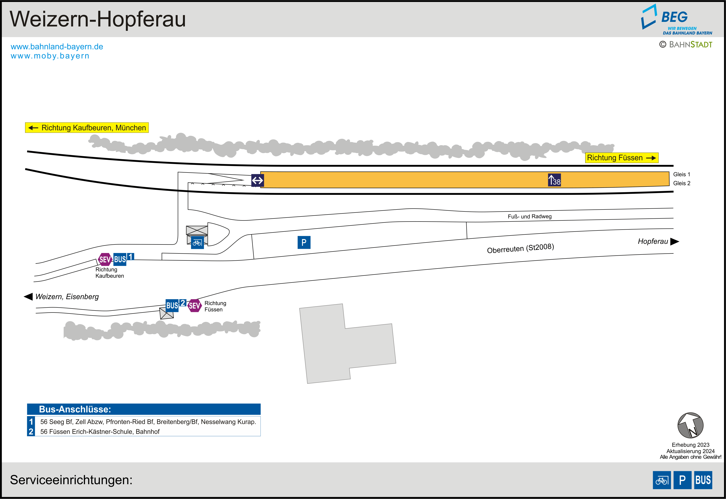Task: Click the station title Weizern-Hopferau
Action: tap(98, 19)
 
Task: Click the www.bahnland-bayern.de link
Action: tap(57, 47)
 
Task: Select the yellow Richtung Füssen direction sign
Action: tap(621, 158)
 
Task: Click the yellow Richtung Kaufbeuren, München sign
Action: tap(87, 127)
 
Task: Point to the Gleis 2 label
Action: tap(682, 183)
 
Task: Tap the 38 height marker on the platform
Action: tap(554, 180)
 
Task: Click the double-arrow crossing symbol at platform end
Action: tap(258, 181)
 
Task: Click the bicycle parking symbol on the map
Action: tap(197, 243)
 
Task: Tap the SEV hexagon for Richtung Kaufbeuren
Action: tap(105, 259)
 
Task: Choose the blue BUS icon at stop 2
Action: tap(172, 305)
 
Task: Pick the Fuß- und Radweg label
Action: tap(530, 216)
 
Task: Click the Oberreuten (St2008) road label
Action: tap(520, 248)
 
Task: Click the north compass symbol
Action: tap(690, 425)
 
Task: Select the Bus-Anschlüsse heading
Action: tap(75, 409)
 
